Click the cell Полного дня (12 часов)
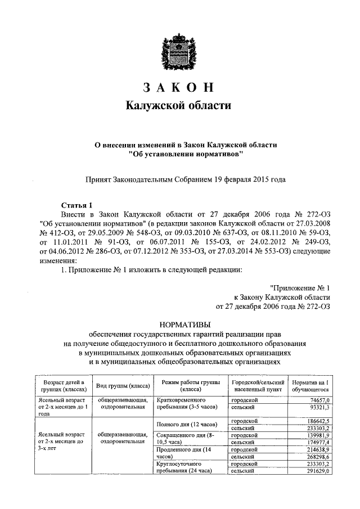click(186, 423)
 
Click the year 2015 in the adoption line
click(259, 179)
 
